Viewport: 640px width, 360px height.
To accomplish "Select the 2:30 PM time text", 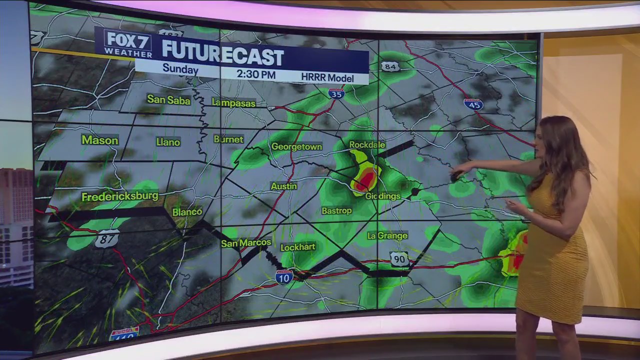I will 256,74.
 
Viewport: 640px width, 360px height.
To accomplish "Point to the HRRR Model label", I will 327,78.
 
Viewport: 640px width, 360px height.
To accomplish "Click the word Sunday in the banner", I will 180,69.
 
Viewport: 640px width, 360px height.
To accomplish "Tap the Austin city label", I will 284,186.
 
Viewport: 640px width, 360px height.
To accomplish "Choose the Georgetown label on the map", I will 296,146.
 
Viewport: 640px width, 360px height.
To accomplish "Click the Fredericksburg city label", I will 119,196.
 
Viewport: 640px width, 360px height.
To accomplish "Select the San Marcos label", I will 246,243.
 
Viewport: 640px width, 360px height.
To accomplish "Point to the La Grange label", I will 387,235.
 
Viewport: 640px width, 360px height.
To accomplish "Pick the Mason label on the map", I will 100,140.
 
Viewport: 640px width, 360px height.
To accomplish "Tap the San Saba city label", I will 168,99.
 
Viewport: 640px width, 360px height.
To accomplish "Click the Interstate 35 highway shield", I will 336,93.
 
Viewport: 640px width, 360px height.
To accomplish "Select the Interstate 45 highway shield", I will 473,104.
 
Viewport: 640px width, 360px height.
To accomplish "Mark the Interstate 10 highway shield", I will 284,277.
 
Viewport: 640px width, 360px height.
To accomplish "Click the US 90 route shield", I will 399,259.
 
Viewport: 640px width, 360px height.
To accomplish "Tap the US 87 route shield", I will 107,238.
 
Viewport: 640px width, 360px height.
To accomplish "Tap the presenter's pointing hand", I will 458,173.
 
